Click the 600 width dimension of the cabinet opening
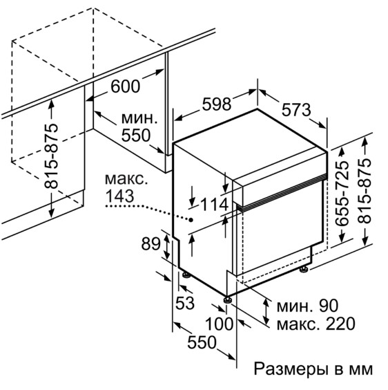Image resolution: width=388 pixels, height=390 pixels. point(126,86)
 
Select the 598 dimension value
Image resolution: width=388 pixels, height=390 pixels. point(217,104)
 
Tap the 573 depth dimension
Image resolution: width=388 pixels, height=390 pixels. point(296,110)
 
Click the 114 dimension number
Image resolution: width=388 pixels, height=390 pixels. point(215,205)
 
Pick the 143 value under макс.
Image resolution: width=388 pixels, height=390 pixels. point(120,196)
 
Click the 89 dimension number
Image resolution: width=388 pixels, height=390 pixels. point(151,243)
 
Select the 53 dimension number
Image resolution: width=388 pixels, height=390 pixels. point(185,303)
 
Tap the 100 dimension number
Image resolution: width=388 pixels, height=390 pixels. point(220,324)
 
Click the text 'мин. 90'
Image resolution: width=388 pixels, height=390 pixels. point(307,306)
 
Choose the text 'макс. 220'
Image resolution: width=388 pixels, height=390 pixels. point(316,324)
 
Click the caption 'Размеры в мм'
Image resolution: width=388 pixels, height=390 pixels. point(313,369)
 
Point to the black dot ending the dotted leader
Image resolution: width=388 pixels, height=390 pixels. point(191,220)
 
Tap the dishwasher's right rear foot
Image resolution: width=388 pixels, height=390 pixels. point(304,270)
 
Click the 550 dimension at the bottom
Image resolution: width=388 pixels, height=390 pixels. point(202,342)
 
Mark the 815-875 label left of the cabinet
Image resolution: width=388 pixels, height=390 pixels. point(51,156)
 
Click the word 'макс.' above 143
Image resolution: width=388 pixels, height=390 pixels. point(126,179)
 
